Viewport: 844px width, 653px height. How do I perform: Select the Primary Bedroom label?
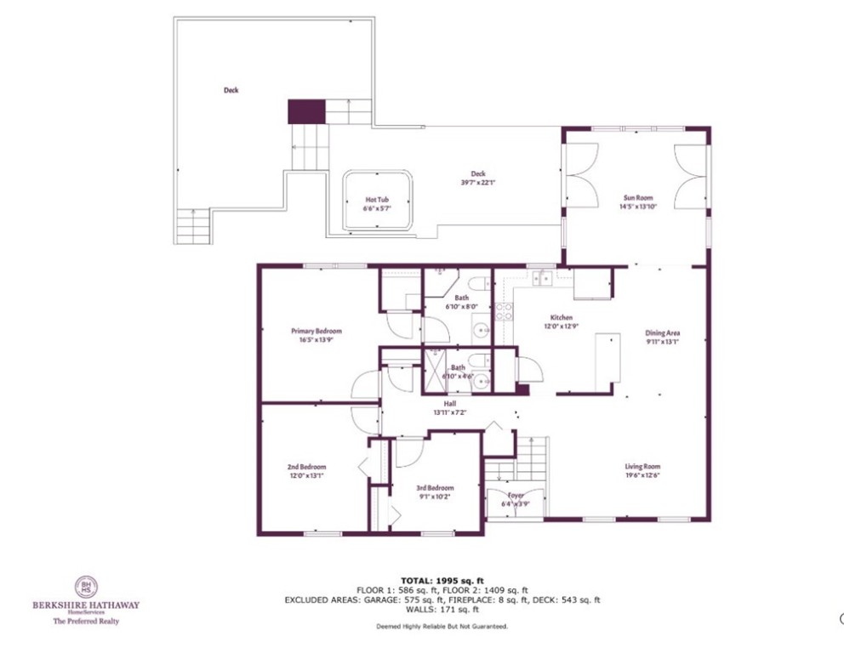click(x=316, y=331)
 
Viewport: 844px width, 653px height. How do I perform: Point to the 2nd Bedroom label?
click(x=306, y=467)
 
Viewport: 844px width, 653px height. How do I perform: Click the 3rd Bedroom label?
click(x=432, y=488)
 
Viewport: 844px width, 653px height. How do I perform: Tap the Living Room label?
click(x=642, y=466)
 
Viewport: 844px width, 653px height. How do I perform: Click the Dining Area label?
click(x=663, y=332)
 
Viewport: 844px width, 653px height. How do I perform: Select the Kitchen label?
click(x=561, y=317)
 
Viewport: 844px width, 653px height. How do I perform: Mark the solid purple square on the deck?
click(x=306, y=111)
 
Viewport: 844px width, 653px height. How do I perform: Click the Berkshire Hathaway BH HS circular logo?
click(x=85, y=587)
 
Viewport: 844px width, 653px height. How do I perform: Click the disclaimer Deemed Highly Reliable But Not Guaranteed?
click(x=442, y=627)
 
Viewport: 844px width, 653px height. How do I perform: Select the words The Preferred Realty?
click(x=86, y=622)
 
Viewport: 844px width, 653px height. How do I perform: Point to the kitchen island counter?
click(x=607, y=361)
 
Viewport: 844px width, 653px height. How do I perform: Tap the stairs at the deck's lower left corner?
click(x=193, y=227)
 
